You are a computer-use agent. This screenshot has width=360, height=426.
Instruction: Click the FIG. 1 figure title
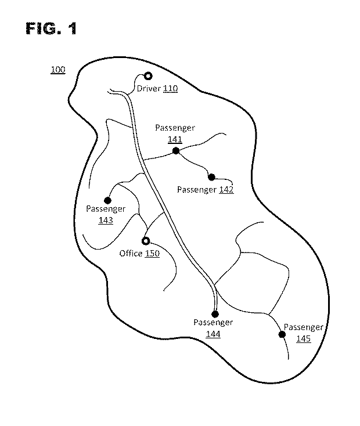(x=51, y=28)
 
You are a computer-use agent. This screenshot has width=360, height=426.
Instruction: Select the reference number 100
(x=58, y=70)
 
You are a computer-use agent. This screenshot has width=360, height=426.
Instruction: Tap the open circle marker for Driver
(x=148, y=76)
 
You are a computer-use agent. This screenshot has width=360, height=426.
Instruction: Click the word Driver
(x=149, y=89)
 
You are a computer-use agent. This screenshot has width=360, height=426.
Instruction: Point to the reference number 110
(x=170, y=89)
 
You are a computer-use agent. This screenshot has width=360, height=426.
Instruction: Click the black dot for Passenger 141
(x=176, y=150)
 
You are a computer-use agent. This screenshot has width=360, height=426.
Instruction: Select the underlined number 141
(x=175, y=140)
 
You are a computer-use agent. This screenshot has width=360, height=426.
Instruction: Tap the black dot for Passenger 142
(x=211, y=177)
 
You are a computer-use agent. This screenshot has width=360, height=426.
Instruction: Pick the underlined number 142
(x=226, y=189)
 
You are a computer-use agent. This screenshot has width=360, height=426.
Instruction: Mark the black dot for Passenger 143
(x=107, y=200)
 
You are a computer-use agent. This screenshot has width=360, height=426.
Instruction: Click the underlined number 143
(x=106, y=221)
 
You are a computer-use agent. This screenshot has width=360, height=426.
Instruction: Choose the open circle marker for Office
(x=146, y=241)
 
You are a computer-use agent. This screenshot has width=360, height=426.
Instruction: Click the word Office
(x=131, y=254)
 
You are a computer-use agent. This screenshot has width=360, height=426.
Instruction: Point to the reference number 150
(x=152, y=254)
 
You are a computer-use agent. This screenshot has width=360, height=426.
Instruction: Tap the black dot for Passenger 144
(x=215, y=315)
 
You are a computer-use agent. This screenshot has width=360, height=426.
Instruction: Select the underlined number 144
(x=213, y=334)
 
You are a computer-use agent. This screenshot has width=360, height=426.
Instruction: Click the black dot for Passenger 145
(x=282, y=334)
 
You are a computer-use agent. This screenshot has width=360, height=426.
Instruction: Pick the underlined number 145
(x=304, y=339)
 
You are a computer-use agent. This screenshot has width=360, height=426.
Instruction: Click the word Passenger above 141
(x=175, y=128)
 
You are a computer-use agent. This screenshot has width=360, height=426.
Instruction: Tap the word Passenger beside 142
(x=197, y=190)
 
